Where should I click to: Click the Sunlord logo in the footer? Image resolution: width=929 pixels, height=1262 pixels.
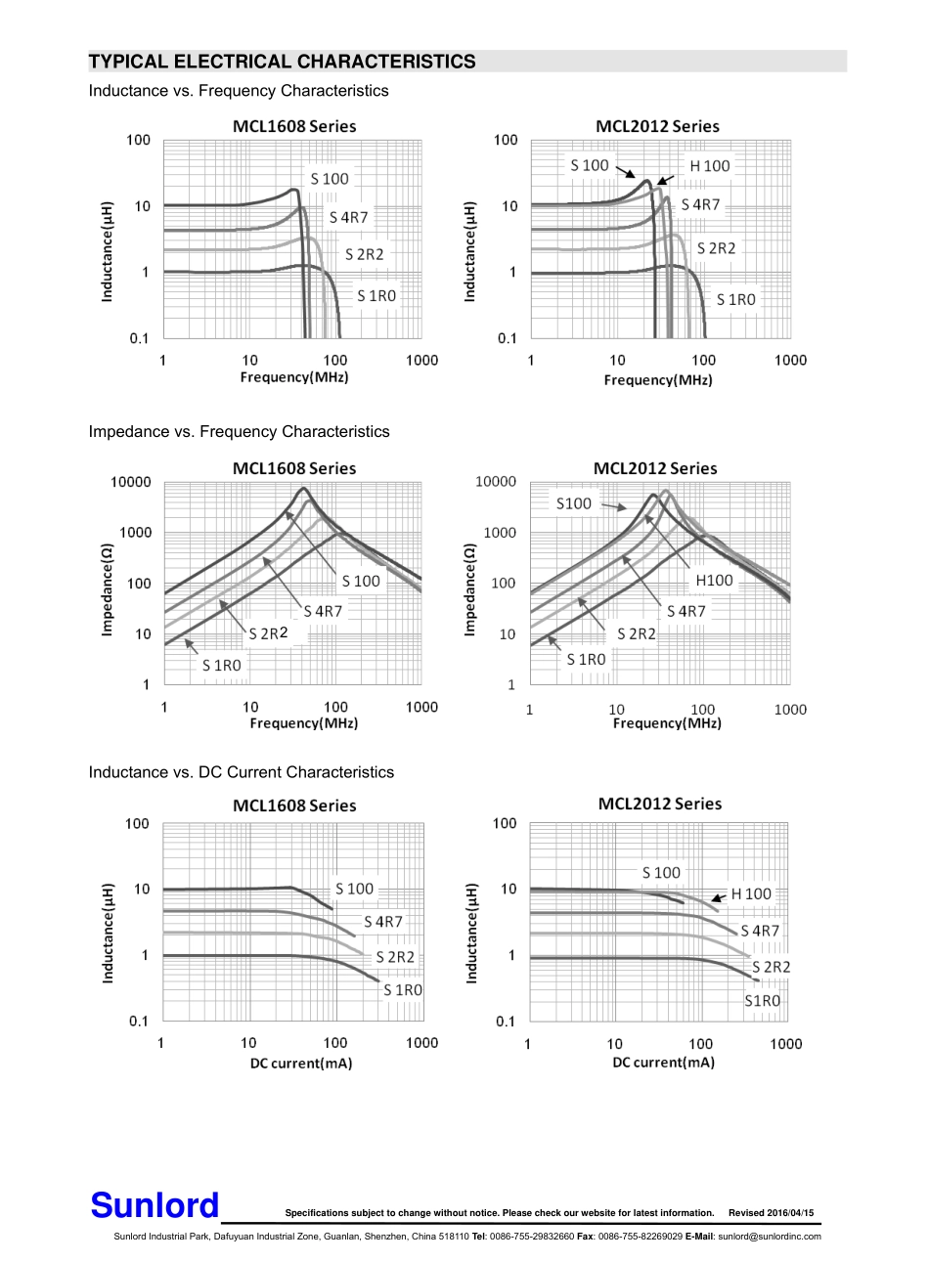click(x=155, y=1205)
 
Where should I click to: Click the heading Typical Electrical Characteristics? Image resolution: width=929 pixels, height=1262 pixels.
click(x=282, y=62)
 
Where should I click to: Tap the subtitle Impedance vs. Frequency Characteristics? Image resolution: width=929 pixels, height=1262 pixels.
click(x=239, y=431)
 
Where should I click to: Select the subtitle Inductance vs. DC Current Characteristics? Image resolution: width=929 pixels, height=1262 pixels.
click(x=241, y=772)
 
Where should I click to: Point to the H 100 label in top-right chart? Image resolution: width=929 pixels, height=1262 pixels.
click(x=710, y=166)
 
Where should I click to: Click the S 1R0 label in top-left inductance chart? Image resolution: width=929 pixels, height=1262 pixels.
click(x=376, y=295)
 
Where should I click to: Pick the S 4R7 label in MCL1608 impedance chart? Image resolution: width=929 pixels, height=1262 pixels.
click(x=323, y=611)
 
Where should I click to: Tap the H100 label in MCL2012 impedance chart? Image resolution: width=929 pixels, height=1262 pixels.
click(x=714, y=580)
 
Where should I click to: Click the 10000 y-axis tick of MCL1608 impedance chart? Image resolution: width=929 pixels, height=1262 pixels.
click(x=131, y=482)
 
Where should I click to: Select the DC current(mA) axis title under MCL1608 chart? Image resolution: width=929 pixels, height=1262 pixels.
click(x=301, y=1063)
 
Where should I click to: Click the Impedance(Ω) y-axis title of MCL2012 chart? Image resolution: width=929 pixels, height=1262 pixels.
click(x=469, y=589)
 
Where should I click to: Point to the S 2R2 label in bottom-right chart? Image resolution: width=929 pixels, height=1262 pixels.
click(x=772, y=967)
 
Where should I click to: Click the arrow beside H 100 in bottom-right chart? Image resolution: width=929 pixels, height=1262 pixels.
click(x=719, y=895)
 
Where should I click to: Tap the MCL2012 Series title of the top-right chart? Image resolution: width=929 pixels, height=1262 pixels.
click(x=657, y=126)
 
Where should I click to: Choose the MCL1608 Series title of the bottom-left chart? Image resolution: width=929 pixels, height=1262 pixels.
click(x=294, y=805)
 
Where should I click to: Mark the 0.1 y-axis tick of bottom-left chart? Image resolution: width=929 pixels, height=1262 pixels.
click(x=139, y=1021)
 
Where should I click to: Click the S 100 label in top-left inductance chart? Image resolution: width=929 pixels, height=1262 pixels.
click(x=330, y=178)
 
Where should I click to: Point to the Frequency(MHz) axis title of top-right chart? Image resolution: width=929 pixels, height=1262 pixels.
click(x=658, y=379)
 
